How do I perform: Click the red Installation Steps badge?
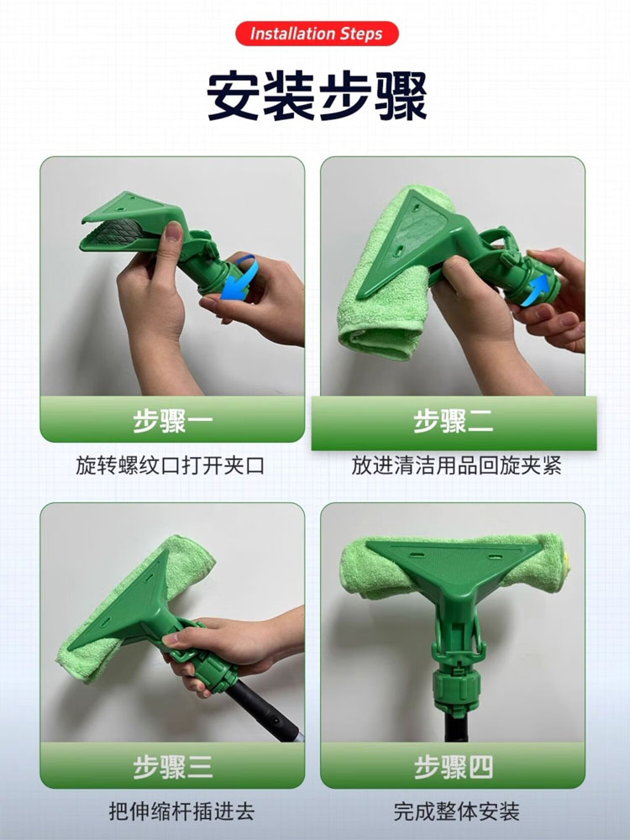317,34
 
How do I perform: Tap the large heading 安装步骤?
317,97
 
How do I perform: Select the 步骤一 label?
172,421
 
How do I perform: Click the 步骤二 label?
454,421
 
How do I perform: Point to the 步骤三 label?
172,767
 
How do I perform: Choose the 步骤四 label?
454,767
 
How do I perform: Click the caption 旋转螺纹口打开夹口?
171,465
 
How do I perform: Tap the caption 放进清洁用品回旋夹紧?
456,465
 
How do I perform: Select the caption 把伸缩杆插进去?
181,811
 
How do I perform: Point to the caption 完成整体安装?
456,811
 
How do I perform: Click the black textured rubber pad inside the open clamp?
116,232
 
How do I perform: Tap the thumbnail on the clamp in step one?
173,233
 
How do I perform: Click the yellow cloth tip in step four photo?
565,561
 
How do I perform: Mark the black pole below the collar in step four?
456,727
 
